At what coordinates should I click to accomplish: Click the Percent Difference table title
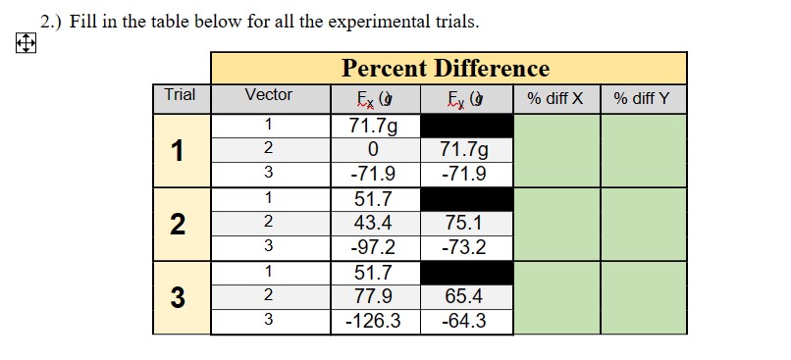click(446, 69)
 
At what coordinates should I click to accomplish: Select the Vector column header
click(268, 95)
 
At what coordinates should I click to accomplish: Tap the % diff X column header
click(555, 98)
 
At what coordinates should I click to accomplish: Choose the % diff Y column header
click(642, 98)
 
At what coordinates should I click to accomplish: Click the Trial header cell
click(180, 95)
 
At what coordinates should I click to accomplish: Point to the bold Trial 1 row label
click(177, 150)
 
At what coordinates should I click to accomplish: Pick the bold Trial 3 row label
click(177, 297)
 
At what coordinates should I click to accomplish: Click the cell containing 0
click(372, 150)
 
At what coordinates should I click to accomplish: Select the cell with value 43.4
click(372, 224)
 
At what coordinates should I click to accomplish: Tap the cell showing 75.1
click(465, 224)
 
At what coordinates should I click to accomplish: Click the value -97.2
click(372, 247)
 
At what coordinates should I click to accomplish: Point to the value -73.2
click(465, 247)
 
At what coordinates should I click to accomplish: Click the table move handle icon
click(26, 44)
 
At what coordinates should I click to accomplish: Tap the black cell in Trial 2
click(466, 199)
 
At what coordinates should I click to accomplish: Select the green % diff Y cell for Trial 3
click(643, 297)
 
